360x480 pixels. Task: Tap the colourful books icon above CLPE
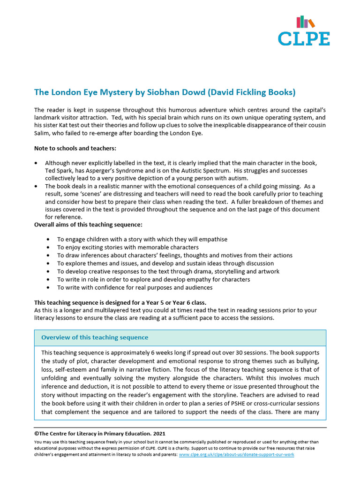pyautogui.click(x=305, y=22)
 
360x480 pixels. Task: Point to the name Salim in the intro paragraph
pyautogui.click(x=43, y=134)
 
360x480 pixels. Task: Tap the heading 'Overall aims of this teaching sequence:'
pyautogui.click(x=88, y=225)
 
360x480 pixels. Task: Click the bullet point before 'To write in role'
pyautogui.click(x=49, y=279)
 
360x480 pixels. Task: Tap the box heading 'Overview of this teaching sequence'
pyautogui.click(x=95, y=337)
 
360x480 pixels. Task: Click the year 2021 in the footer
pyautogui.click(x=157, y=434)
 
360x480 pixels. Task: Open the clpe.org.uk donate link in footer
pyautogui.click(x=236, y=455)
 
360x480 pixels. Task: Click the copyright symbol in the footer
pyautogui.click(x=37, y=434)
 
